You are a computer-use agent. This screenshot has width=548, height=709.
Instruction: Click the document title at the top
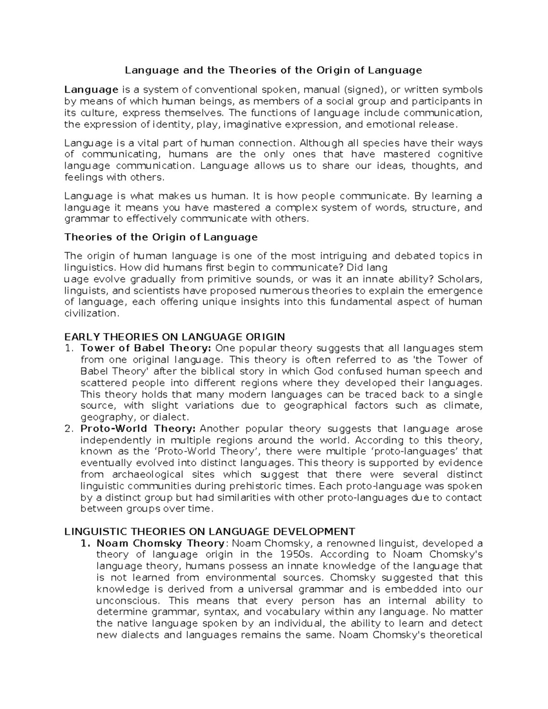pos(274,70)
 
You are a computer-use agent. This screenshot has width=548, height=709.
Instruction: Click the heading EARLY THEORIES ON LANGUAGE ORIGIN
pos(174,337)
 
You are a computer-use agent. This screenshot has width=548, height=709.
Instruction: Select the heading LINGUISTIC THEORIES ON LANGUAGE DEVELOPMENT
pos(210,531)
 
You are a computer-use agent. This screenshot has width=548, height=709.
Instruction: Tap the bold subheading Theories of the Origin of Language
pos(161,237)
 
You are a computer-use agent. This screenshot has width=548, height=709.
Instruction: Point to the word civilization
pos(91,313)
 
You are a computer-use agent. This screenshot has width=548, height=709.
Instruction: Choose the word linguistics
pos(89,267)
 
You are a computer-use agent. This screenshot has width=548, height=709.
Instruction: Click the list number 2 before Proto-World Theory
pos(68,429)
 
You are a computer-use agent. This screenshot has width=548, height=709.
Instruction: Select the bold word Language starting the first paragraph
pos(91,90)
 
